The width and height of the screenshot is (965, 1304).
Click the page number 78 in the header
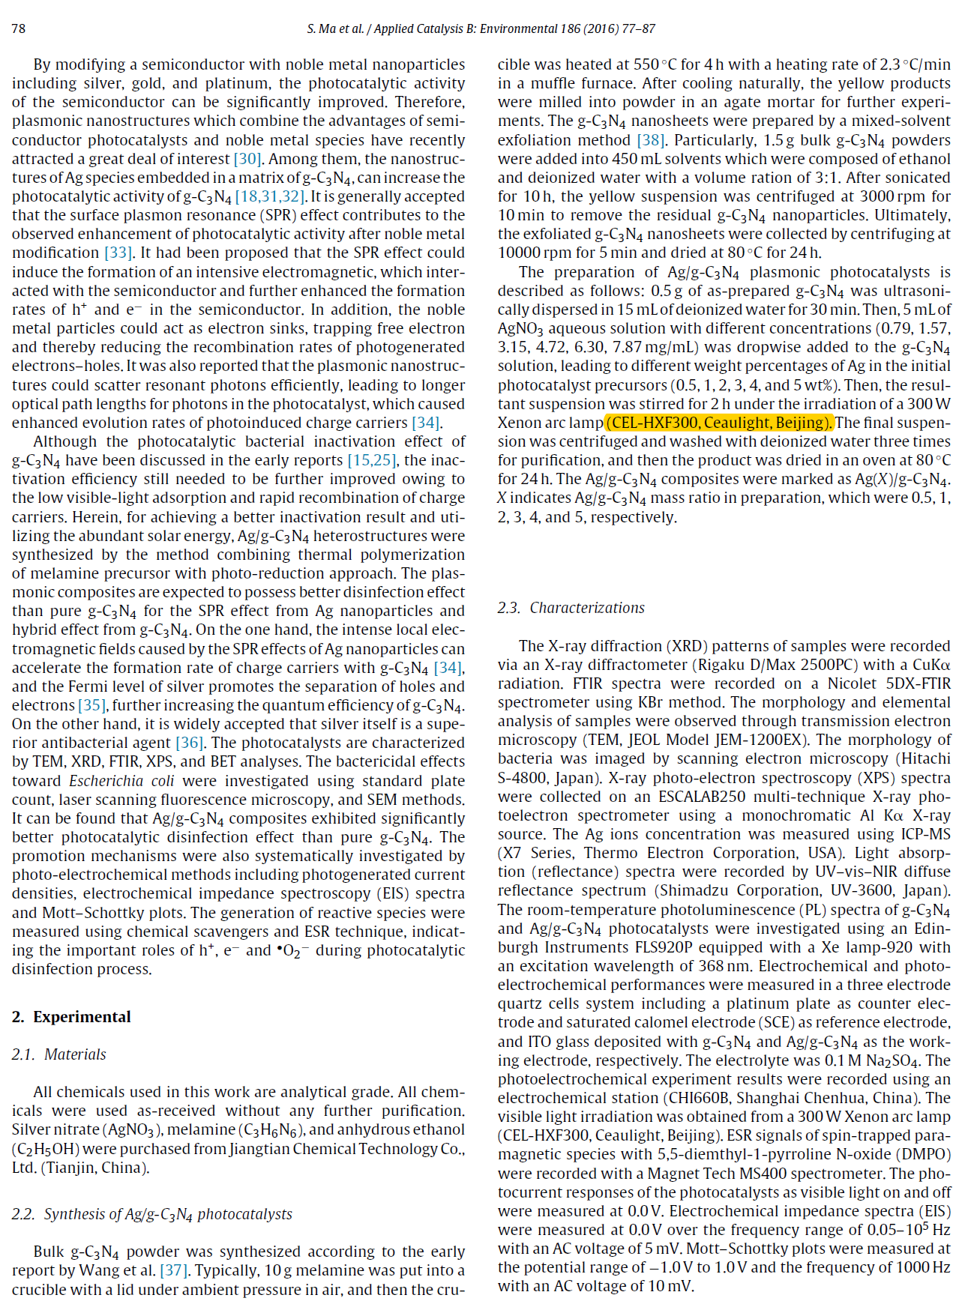click(19, 28)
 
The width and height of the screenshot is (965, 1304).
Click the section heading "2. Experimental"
click(71, 1017)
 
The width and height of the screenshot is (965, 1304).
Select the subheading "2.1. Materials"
click(59, 1054)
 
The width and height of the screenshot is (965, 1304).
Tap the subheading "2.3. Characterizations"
click(571, 608)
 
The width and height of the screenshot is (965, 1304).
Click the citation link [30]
click(247, 159)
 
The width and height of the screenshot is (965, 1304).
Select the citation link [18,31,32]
click(270, 196)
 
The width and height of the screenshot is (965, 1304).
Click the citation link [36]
click(190, 743)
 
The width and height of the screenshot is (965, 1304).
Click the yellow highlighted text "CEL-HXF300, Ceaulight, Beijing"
click(719, 423)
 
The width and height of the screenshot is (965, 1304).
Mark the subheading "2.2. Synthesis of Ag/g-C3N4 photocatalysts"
click(151, 1214)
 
